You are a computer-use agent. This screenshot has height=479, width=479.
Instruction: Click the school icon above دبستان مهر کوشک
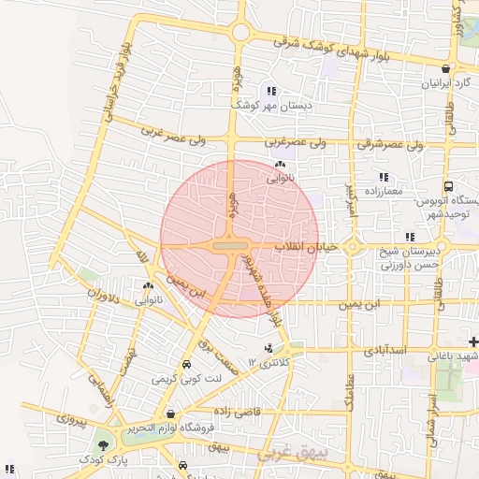coord(271,92)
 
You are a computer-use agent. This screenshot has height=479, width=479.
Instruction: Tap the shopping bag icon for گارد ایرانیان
coord(448,68)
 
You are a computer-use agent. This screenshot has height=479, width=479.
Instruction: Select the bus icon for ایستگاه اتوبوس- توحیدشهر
coord(448,187)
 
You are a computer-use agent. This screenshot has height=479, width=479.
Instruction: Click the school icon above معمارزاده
coord(383,177)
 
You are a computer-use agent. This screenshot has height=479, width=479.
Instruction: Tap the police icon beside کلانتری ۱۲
coord(270,348)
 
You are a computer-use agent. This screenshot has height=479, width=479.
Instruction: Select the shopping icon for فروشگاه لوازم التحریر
coord(169,413)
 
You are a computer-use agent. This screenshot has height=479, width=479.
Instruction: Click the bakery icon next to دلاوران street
coord(149,286)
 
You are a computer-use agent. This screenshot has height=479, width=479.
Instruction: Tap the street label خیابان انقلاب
coord(304,246)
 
